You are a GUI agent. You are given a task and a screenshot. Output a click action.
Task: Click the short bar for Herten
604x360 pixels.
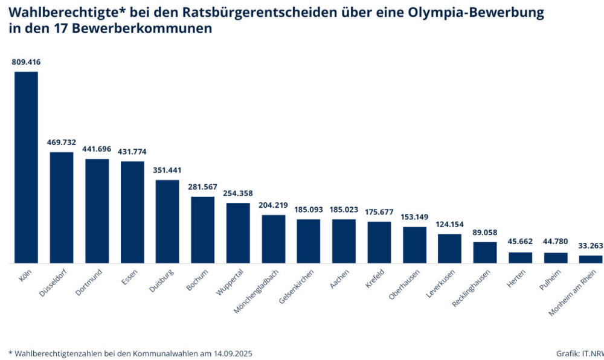tap(520, 258)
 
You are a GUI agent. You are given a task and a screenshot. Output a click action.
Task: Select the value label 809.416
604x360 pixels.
tap(27, 62)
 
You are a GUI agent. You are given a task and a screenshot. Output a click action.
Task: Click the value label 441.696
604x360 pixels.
tap(97, 149)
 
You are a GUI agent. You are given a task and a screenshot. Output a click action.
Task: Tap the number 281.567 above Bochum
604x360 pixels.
tap(203, 187)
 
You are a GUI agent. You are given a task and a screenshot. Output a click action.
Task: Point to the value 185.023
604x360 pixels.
tap(344, 209)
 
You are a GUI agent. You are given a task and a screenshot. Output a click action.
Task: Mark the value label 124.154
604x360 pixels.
tap(449, 224)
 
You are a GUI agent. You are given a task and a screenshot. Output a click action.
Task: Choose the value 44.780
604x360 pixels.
tap(556, 242)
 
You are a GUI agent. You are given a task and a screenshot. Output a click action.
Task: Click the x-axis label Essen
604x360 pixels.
tap(129, 278)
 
